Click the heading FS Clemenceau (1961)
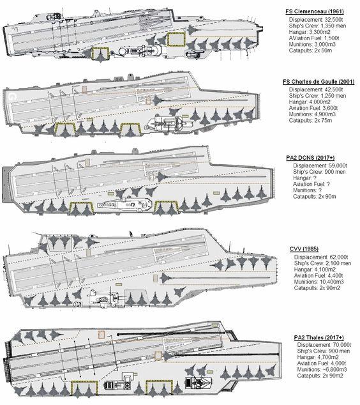315,11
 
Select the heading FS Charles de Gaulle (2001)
319,82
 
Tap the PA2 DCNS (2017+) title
310,158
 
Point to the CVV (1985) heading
304,249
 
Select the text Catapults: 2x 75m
310,120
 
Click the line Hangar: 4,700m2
318,357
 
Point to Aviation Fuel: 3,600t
313,108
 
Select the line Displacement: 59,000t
320,165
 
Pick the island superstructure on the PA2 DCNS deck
124,204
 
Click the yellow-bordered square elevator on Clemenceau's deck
176,39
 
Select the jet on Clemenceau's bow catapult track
192,29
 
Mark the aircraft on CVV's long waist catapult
165,278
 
